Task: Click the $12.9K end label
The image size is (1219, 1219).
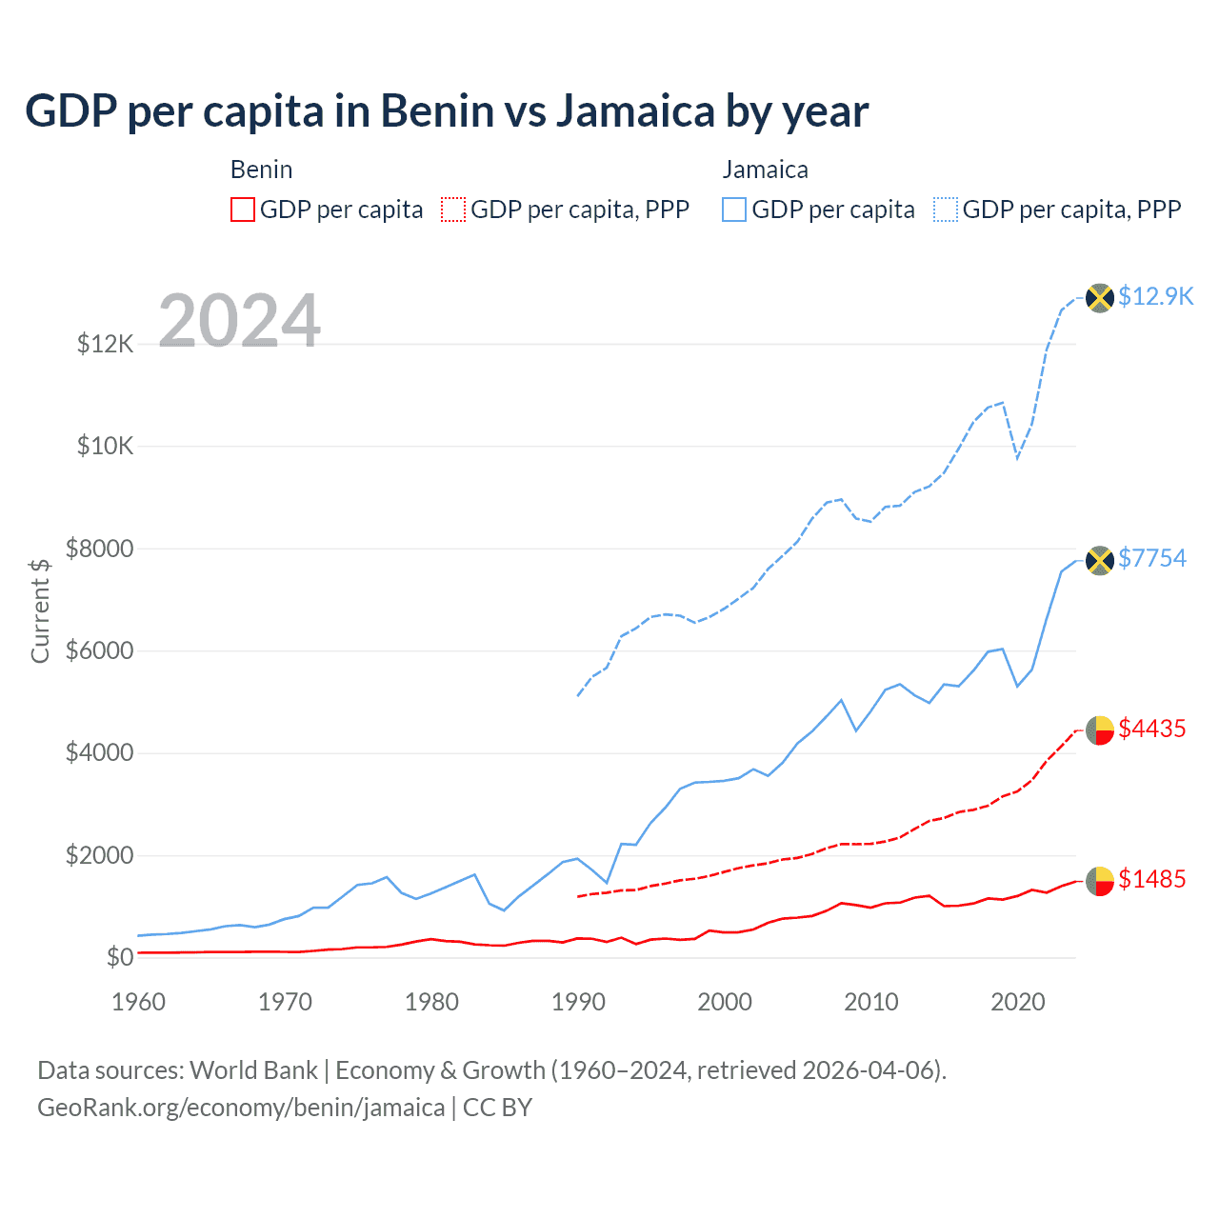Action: click(x=1155, y=296)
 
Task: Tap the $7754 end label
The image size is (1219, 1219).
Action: click(x=1152, y=558)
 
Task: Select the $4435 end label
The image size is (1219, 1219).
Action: click(x=1152, y=729)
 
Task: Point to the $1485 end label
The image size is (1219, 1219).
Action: click(x=1152, y=879)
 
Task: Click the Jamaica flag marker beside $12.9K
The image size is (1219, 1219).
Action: click(x=1100, y=298)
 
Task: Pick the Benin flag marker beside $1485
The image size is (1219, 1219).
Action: click(x=1100, y=881)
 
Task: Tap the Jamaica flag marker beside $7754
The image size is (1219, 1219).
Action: click(x=1100, y=560)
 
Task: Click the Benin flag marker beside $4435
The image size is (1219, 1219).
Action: click(x=1100, y=730)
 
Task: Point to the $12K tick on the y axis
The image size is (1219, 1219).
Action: click(x=106, y=344)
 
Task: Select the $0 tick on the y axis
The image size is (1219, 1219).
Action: click(x=120, y=957)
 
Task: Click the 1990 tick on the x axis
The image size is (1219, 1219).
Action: click(x=578, y=1002)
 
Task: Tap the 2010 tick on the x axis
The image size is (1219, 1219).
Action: click(x=871, y=1002)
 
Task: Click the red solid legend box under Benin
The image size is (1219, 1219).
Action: click(x=243, y=210)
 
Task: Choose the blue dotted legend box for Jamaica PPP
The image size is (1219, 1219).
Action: click(x=946, y=210)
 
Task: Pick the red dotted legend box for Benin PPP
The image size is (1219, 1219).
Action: click(x=454, y=210)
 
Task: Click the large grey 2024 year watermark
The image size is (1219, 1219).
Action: click(x=239, y=321)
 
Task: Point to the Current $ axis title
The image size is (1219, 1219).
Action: click(x=40, y=610)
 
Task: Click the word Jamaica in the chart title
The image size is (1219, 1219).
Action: click(x=635, y=110)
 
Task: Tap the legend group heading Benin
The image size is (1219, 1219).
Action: click(x=261, y=170)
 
